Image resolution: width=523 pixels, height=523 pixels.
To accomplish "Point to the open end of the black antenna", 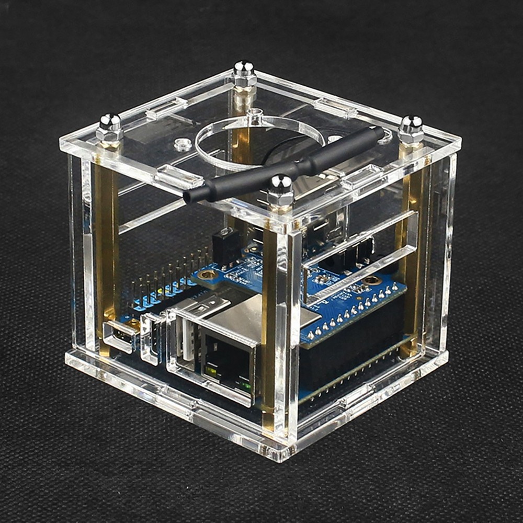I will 189,197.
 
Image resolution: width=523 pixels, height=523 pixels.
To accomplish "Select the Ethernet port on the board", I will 228,361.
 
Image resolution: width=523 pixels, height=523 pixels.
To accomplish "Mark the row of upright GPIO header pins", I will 162,282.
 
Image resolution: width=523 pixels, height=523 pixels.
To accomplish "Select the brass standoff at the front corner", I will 269,324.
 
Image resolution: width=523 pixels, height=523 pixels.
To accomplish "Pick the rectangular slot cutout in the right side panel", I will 361,256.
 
